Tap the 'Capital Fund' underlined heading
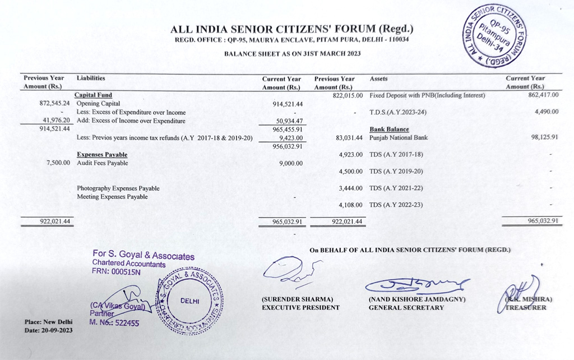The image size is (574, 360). click(x=93, y=95)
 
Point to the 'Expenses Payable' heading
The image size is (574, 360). click(x=102, y=154)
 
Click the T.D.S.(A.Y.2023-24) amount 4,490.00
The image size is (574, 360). click(x=547, y=112)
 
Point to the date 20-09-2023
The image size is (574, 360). click(x=56, y=330)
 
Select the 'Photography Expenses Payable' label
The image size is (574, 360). click(x=118, y=188)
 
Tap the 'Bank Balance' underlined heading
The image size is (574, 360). click(x=389, y=130)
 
